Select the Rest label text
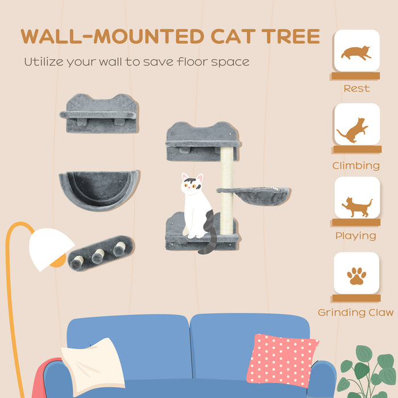coord(356,89)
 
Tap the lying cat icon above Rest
coord(356,53)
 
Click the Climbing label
coord(356,166)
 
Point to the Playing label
coord(356,235)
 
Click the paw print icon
coord(356,276)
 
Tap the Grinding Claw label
coord(356,312)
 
